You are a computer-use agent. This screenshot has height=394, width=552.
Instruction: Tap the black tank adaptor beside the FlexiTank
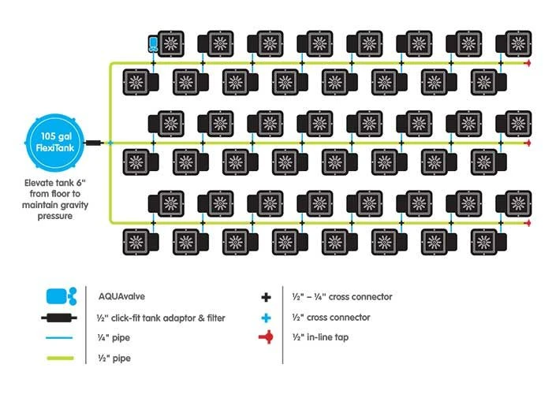pos(94,143)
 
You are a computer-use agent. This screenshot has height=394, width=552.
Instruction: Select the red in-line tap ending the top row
pos(526,63)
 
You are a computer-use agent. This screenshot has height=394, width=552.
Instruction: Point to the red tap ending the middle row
pos(526,143)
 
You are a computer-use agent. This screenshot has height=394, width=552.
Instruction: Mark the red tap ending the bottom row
pos(526,224)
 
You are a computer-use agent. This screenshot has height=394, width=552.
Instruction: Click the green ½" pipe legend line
pos(60,359)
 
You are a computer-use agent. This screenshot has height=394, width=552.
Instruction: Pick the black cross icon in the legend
pos(267,297)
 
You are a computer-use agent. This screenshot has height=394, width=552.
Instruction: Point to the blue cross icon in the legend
pos(267,318)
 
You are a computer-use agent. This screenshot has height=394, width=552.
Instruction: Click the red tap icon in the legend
pos(267,338)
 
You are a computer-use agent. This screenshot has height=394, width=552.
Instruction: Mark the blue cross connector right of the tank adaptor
pos(111,143)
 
